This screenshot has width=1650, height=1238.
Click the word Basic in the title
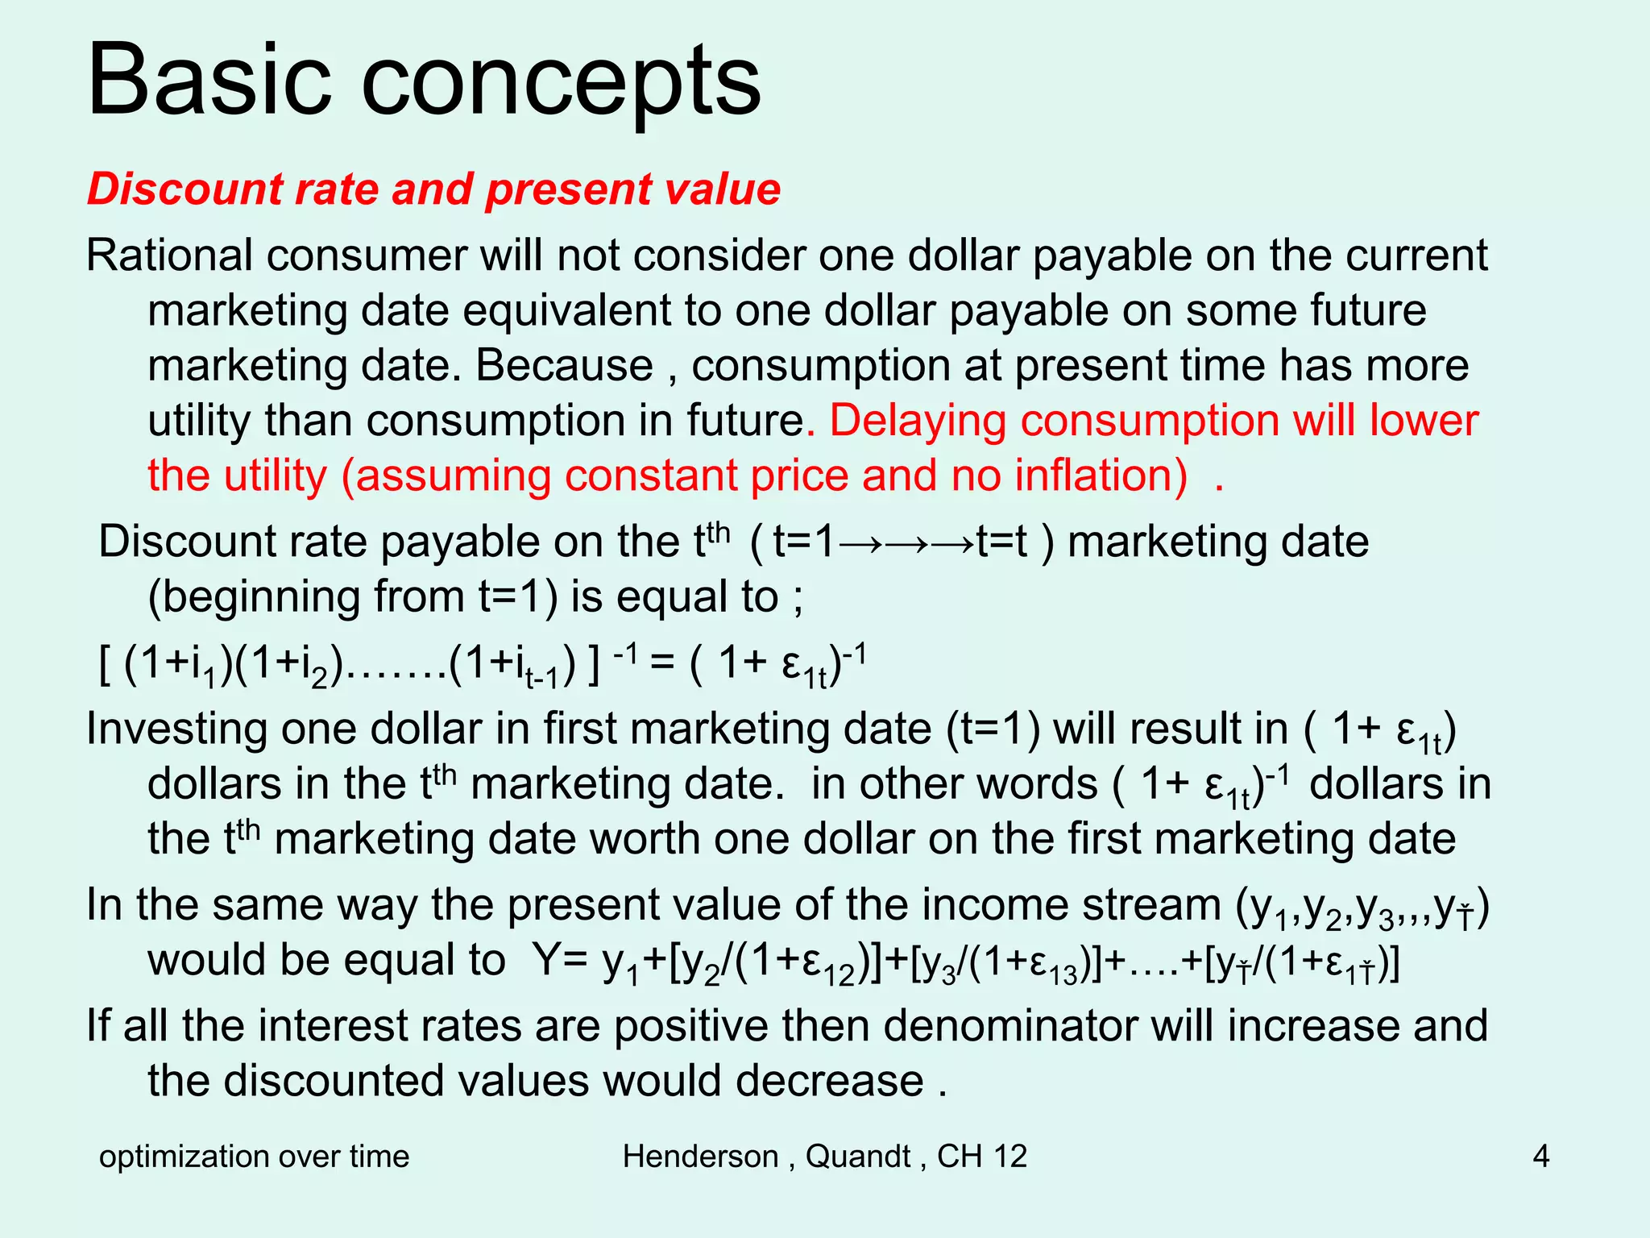[209, 81]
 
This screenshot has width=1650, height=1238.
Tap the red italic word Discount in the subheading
[184, 189]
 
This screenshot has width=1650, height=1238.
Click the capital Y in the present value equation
[545, 961]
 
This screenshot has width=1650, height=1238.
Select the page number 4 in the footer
[1540, 1157]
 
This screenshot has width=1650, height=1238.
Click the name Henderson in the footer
[700, 1157]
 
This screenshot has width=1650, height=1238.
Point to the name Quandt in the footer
[857, 1157]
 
